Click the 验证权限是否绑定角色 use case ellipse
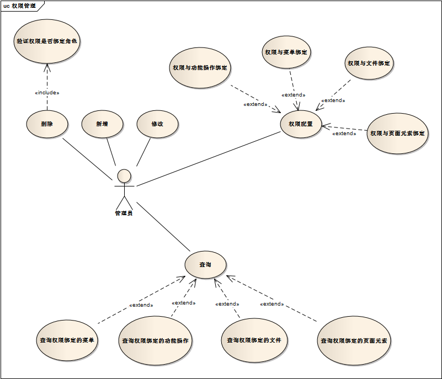point(47,41)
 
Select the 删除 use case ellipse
point(47,124)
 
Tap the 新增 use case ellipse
point(102,124)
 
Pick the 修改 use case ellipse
point(157,124)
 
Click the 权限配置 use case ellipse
point(301,124)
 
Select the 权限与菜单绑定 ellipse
point(286,52)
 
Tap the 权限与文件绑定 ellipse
point(369,63)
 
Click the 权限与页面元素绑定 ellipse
point(397,134)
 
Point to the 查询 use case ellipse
point(205,265)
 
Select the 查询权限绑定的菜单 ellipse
point(67,340)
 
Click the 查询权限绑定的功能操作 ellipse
point(155,340)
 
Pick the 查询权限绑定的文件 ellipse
point(254,340)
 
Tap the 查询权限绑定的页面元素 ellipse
point(354,340)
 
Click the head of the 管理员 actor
point(124,175)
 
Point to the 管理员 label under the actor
point(124,213)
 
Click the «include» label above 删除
point(47,93)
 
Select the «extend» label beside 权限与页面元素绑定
point(344,134)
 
